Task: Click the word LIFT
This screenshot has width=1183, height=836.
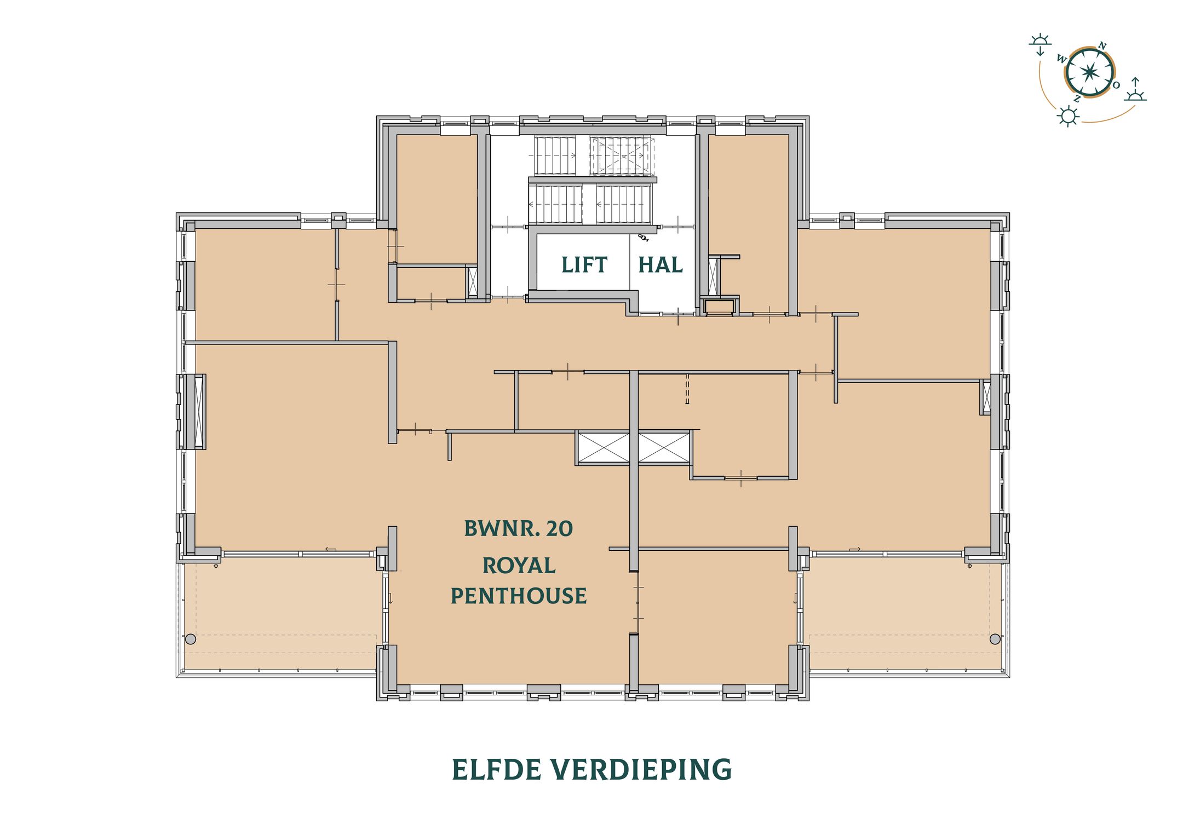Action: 584,265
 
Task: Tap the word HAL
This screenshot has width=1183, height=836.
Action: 661,265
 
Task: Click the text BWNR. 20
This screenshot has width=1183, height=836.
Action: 518,528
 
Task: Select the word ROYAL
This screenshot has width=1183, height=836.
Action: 519,566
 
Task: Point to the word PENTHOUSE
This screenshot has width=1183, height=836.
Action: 518,596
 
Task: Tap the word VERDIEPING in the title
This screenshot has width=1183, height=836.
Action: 641,770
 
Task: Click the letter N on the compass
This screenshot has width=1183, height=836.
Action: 1102,46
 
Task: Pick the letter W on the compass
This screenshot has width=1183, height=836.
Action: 1061,59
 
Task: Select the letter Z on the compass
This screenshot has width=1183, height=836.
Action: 1077,99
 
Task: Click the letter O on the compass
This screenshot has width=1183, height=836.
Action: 1116,85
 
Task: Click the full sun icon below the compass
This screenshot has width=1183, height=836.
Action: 1067,117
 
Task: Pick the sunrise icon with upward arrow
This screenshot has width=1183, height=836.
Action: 1135,90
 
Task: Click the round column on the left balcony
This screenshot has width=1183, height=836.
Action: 191,639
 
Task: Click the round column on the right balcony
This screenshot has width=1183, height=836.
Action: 995,639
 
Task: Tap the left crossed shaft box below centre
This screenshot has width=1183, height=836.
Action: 604,447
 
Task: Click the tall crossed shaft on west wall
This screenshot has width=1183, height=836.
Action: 199,411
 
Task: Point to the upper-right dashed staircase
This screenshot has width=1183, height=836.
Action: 622,155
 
